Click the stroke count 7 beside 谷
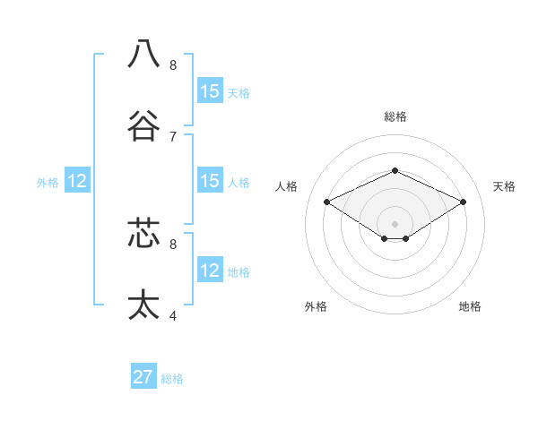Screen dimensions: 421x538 click(173, 136)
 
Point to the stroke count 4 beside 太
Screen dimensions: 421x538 click(173, 315)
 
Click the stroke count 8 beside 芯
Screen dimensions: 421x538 click(173, 243)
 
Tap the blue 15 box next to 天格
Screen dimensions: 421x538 click(210, 91)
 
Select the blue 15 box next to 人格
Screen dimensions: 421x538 click(210, 181)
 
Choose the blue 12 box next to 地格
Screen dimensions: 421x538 click(210, 271)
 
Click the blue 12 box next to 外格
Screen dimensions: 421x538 click(77, 181)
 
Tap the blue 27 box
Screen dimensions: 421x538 click(143, 377)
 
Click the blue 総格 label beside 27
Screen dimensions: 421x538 click(172, 379)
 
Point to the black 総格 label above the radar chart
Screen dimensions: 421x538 click(395, 116)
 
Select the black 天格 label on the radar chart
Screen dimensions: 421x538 click(504, 186)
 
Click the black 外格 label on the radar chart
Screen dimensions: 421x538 click(316, 306)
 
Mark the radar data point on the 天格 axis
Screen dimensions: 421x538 click(463, 202)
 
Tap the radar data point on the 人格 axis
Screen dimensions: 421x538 click(327, 202)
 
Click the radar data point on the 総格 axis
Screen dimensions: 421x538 click(395, 169)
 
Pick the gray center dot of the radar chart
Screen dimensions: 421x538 click(395, 223)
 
